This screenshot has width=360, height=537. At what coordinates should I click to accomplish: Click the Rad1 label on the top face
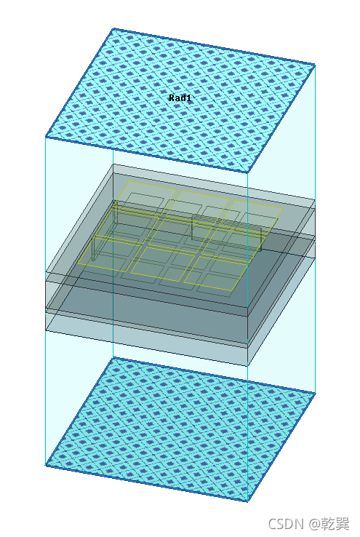coord(180,98)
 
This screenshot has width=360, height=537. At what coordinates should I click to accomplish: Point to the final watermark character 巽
coord(343,525)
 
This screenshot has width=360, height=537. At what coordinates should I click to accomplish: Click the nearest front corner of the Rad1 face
coord(247,172)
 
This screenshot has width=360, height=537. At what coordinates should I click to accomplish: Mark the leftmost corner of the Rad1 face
coord(46,137)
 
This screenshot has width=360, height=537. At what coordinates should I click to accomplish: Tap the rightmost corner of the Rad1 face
coord(314,64)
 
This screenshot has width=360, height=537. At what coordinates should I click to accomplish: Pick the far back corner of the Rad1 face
coord(113,29)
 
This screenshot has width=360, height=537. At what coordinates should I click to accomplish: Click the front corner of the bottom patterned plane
coord(247,501)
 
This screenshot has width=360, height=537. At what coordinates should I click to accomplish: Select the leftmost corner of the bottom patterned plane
coord(46,466)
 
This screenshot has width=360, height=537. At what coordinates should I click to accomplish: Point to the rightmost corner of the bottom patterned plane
coord(314,393)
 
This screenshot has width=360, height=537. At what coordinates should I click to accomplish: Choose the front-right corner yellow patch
coord(215,274)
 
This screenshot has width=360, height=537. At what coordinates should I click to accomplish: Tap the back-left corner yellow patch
coord(146,198)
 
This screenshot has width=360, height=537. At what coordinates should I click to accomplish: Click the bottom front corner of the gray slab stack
coord(247,366)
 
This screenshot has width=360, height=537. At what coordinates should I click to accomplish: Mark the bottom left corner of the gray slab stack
coord(46,330)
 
